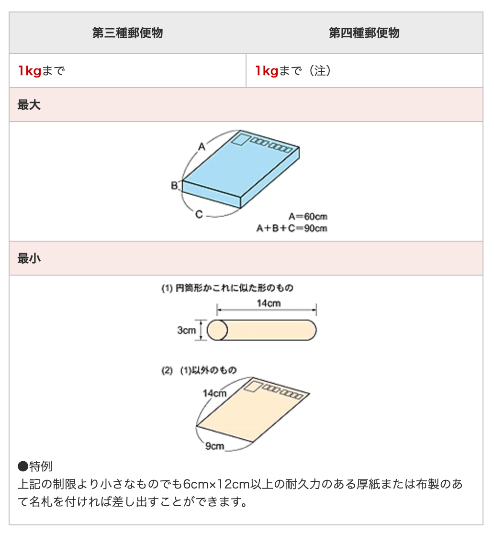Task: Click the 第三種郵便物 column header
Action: pyautogui.click(x=127, y=33)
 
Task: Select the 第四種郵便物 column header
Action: pyautogui.click(x=364, y=33)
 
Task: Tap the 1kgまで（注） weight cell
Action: pyautogui.click(x=293, y=71)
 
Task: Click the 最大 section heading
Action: pyautogui.click(x=29, y=105)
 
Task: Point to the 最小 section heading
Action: pyautogui.click(x=29, y=258)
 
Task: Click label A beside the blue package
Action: pyautogui.click(x=202, y=147)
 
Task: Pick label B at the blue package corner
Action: pyautogui.click(x=174, y=186)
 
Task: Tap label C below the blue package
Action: pyautogui.click(x=199, y=214)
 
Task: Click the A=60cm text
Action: pyautogui.click(x=308, y=217)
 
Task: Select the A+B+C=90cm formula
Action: pyautogui.click(x=292, y=228)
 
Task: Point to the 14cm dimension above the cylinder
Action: pyautogui.click(x=269, y=303)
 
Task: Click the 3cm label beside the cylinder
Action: pyautogui.click(x=187, y=330)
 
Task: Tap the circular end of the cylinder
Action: pyautogui.click(x=217, y=330)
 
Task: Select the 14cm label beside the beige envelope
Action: pyautogui.click(x=214, y=393)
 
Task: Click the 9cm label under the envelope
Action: pyautogui.click(x=214, y=445)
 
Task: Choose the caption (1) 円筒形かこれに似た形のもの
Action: pyautogui.click(x=227, y=288)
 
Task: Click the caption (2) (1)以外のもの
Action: pyautogui.click(x=199, y=370)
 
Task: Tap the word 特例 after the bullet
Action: pyautogui.click(x=41, y=466)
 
